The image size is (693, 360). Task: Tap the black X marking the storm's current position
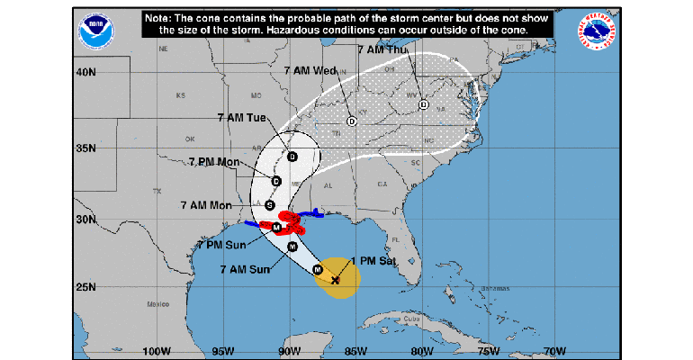(335, 281)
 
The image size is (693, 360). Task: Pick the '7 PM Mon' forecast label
(214, 161)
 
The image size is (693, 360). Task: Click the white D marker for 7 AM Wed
(352, 121)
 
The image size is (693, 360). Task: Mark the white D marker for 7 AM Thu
(423, 105)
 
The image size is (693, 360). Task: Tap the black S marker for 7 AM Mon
(269, 205)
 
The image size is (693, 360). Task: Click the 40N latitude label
(85, 72)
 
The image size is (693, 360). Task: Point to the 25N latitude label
(85, 287)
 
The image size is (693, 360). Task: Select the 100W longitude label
(156, 351)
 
